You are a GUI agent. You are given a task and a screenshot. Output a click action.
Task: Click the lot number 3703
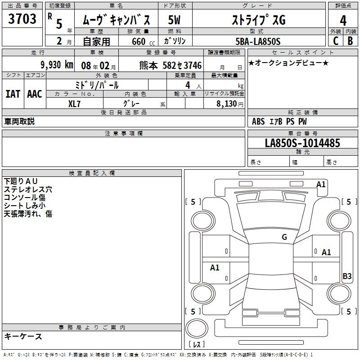click(x=22, y=18)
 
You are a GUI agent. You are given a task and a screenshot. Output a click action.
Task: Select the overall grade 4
click(x=343, y=20)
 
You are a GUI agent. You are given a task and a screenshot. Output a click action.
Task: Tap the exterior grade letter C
click(x=336, y=41)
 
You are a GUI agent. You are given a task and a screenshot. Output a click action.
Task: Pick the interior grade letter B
click(x=350, y=41)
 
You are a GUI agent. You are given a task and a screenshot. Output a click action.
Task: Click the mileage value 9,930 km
click(x=57, y=65)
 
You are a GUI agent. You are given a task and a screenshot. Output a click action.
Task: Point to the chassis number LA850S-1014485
click(x=302, y=143)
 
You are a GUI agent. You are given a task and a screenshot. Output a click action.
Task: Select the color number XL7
click(x=74, y=104)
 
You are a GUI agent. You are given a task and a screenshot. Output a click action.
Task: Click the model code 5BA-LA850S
click(x=258, y=41)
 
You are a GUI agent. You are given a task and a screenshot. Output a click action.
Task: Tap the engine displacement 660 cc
click(x=143, y=41)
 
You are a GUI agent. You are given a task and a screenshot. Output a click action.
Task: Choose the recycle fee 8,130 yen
click(x=230, y=104)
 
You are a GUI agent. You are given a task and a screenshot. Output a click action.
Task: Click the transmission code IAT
click(x=13, y=94)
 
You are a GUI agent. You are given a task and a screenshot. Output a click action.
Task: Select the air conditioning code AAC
click(x=35, y=94)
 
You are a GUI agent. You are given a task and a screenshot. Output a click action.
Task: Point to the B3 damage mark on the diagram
click(x=347, y=276)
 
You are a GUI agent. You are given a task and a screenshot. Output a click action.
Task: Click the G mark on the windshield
click(x=284, y=237)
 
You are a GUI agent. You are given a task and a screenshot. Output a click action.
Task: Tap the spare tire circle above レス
click(x=197, y=328)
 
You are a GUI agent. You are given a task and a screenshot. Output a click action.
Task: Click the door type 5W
click(x=174, y=20)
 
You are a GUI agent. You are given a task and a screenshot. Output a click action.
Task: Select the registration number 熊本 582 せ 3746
click(x=171, y=65)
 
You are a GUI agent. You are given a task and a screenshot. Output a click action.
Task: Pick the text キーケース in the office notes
click(x=23, y=336)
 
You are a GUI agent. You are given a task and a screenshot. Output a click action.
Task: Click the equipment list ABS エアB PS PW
click(x=279, y=121)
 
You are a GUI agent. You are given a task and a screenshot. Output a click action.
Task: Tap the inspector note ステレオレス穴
click(x=28, y=189)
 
